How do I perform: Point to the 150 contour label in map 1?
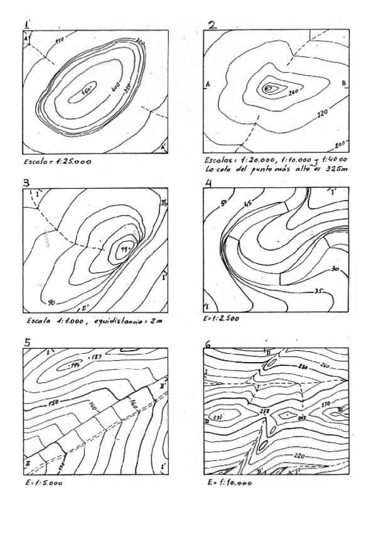[x=61, y=41]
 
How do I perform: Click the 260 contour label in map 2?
[x=293, y=94]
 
